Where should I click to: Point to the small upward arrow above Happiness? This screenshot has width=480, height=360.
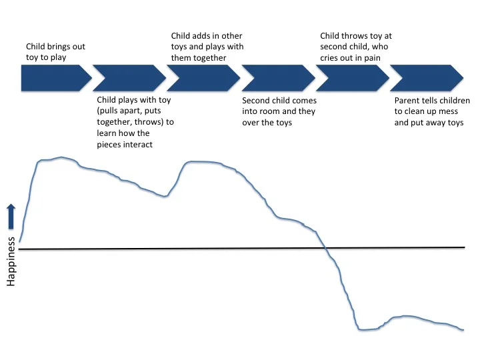12,217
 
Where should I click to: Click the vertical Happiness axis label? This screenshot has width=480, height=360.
12,262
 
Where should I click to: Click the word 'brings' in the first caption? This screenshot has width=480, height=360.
61,47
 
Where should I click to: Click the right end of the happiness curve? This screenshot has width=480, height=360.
463,329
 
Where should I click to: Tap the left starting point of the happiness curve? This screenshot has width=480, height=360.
20,241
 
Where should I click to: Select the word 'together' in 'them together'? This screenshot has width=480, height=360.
209,58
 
